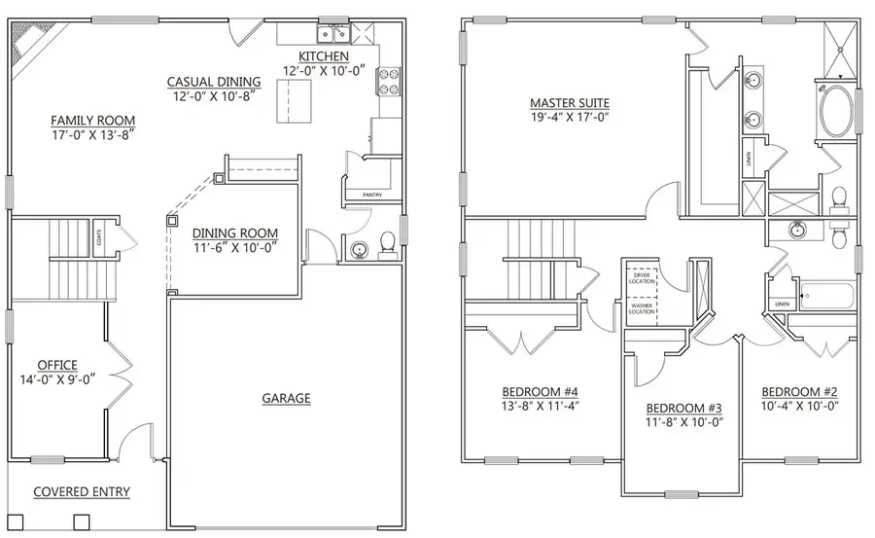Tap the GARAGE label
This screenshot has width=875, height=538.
(286, 398)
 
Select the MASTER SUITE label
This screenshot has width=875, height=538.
(570, 102)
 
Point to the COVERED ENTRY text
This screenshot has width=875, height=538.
(82, 492)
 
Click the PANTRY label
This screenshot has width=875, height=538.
(372, 196)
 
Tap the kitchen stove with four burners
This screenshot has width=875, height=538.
(390, 80)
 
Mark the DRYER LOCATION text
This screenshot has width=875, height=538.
(641, 276)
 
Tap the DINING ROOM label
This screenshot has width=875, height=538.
(235, 233)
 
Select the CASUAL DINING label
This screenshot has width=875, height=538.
(214, 83)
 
